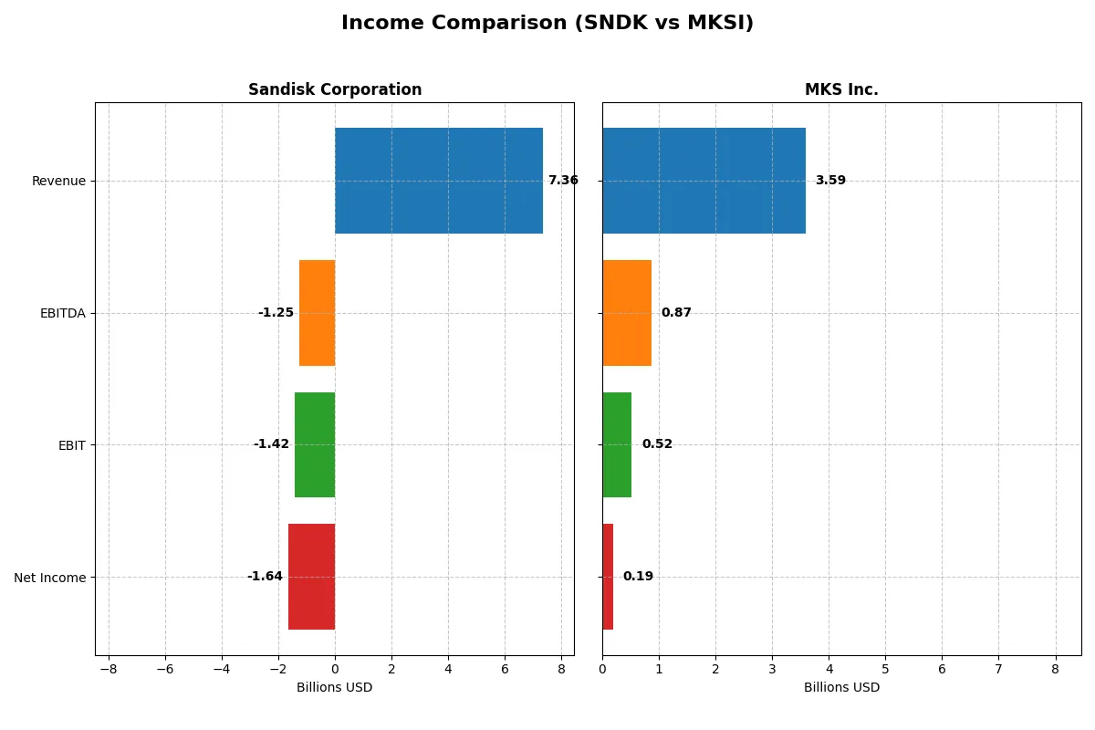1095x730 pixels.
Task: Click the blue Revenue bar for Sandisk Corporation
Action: click(x=438, y=181)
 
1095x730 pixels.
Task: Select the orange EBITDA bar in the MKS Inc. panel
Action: click(x=627, y=313)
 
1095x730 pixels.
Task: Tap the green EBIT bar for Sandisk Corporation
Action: click(x=315, y=444)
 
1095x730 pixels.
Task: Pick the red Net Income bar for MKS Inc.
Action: click(x=608, y=577)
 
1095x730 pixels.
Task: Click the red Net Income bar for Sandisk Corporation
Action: click(x=311, y=577)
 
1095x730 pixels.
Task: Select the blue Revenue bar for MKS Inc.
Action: click(x=704, y=181)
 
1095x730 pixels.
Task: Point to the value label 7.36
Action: click(x=563, y=181)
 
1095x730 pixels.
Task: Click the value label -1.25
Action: click(x=276, y=313)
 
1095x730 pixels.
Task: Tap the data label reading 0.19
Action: click(x=638, y=577)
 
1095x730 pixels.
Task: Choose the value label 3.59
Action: click(x=830, y=181)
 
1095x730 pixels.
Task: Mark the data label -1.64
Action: click(x=265, y=577)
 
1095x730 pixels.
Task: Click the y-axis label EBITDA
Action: click(x=63, y=313)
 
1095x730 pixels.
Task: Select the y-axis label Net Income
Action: click(x=50, y=577)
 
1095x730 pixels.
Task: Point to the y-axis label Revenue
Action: click(x=58, y=181)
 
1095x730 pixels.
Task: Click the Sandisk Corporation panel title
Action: click(x=335, y=89)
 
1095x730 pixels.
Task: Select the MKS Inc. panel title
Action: click(x=841, y=89)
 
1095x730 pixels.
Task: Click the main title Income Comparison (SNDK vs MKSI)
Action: click(x=547, y=23)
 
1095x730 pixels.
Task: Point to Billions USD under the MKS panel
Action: click(x=841, y=687)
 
